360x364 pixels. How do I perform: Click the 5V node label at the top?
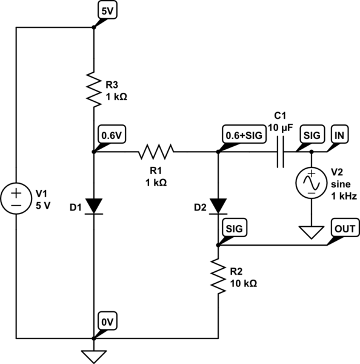pos(107,10)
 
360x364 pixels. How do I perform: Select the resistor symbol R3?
pos(94,90)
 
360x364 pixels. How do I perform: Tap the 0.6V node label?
pos(112,135)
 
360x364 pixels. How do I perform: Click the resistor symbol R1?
pos(156,152)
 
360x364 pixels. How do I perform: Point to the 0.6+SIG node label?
pos(244,135)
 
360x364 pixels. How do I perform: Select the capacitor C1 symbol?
pos(281,152)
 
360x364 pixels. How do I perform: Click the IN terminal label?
pos(339,135)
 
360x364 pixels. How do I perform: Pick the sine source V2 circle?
pos(312,183)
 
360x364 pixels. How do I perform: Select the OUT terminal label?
pos(345,228)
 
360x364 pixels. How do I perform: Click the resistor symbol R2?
pos(218,276)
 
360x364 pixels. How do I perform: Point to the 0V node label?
pos(107,322)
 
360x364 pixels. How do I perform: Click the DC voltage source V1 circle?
pos(16,198)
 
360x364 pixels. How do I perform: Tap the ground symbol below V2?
pos(312,232)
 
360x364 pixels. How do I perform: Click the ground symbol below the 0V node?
pos(94,357)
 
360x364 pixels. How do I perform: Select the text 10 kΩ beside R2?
pos(243,283)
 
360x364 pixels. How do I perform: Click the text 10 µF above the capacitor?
pos(281,127)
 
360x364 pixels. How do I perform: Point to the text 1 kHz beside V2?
pos(344,197)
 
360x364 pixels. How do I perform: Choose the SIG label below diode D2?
pos(235,228)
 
